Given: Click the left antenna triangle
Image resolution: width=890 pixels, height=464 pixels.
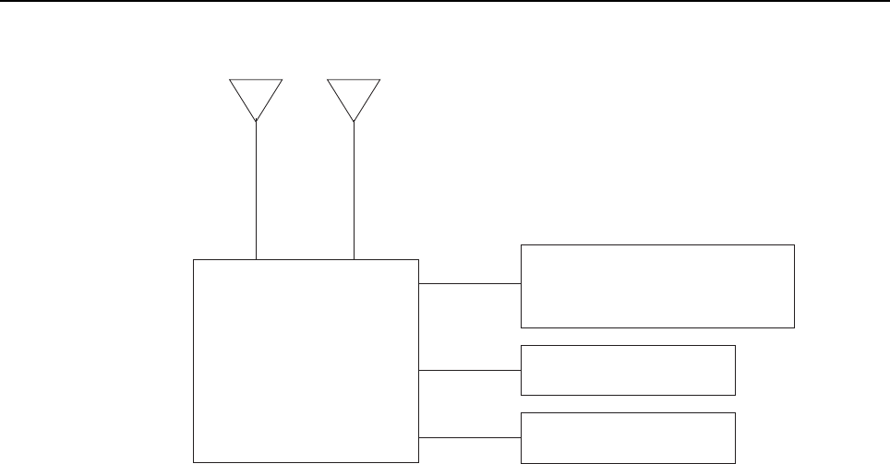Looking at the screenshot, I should click(256, 95).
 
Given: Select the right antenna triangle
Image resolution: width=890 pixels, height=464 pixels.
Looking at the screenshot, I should click(354, 95).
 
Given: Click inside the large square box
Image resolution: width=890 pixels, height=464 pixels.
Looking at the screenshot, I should click(306, 360).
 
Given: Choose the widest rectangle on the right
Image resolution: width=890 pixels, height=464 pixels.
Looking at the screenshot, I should click(657, 286).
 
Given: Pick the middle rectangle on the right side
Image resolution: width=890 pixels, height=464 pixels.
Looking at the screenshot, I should click(628, 370).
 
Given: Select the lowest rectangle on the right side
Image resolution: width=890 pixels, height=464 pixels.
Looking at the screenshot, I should click(628, 437).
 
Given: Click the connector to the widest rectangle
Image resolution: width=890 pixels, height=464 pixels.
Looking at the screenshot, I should click(470, 284).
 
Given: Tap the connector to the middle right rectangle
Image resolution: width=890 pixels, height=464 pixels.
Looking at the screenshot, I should click(470, 370).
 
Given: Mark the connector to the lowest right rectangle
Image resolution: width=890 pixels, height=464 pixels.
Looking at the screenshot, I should click(470, 436).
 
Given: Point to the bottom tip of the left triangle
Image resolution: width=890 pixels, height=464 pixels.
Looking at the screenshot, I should click(256, 122).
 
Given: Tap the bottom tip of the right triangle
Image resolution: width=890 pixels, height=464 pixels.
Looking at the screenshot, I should click(355, 122).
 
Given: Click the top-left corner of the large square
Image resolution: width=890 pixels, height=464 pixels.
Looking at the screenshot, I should click(194, 260).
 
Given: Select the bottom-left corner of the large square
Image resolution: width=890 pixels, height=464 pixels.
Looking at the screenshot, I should click(194, 460).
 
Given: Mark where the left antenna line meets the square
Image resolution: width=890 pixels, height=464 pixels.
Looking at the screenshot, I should click(256, 260).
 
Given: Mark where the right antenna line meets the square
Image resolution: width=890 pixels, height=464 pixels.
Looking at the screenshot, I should click(355, 260).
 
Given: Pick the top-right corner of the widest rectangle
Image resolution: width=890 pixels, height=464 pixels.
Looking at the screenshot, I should click(794, 245).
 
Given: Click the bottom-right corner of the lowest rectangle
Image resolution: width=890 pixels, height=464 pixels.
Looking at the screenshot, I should click(735, 460).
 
